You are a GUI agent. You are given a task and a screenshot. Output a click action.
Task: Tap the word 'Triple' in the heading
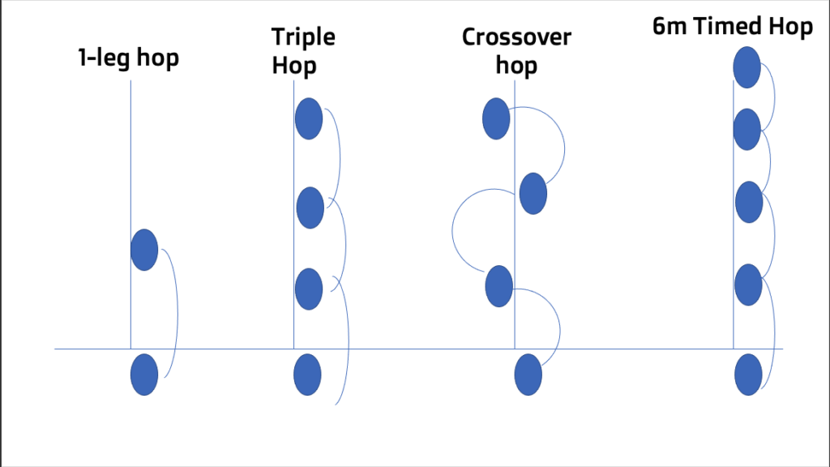click(303, 37)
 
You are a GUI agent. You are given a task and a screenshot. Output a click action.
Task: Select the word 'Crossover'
click(516, 37)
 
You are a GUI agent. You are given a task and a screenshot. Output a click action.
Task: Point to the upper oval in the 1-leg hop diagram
click(143, 250)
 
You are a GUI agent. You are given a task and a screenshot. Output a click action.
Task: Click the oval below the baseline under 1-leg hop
click(143, 374)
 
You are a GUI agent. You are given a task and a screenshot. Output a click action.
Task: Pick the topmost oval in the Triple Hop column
click(308, 118)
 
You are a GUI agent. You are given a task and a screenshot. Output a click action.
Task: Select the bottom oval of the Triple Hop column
click(307, 374)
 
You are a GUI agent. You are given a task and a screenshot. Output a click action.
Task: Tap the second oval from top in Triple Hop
click(310, 208)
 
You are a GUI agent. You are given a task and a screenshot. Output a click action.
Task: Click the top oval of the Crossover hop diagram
click(495, 118)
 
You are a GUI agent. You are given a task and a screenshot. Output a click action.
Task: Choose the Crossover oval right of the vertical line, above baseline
click(533, 193)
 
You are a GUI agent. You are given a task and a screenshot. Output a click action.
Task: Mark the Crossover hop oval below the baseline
click(528, 374)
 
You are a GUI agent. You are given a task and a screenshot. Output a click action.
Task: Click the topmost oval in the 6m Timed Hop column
click(747, 67)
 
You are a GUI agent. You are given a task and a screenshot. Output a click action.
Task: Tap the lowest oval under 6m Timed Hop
click(747, 374)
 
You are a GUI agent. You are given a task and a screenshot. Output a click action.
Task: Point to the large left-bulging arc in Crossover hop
click(453, 229)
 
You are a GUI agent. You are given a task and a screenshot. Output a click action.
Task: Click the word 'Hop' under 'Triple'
click(293, 64)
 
